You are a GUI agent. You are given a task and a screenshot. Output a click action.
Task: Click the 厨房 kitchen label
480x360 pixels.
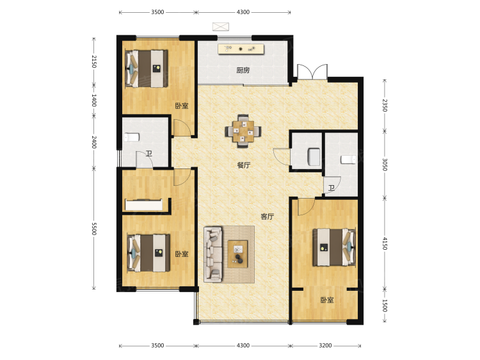tap(243, 70)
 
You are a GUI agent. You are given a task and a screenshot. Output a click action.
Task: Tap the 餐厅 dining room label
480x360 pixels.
tap(244, 165)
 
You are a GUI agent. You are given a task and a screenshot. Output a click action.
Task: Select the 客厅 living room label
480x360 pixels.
tap(268, 217)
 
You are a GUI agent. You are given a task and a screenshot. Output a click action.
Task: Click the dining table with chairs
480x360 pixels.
tap(243, 131)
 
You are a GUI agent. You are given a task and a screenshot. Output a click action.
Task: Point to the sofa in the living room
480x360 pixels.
tap(213, 254)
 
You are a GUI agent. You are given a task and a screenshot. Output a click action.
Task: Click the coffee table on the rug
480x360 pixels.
tap(237, 254)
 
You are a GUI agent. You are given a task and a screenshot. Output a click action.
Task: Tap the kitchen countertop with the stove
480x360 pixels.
tap(241, 49)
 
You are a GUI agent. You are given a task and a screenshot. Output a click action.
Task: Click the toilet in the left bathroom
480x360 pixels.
tap(132, 137)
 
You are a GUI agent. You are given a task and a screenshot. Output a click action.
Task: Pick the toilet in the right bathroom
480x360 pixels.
tap(348, 160)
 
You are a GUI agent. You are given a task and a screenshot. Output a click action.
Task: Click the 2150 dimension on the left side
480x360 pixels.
tap(94, 61)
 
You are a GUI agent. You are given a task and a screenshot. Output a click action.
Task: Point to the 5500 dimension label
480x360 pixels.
tap(94, 229)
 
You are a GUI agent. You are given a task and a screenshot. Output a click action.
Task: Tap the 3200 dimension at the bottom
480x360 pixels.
tap(325, 346)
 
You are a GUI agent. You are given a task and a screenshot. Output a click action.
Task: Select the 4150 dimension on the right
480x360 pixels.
tap(385, 243)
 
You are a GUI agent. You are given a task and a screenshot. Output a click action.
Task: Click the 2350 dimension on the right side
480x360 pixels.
tap(385, 106)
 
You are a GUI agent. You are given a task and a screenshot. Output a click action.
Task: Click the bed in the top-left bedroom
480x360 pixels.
tap(147, 69)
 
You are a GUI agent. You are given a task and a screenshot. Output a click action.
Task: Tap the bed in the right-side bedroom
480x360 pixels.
tap(334, 247)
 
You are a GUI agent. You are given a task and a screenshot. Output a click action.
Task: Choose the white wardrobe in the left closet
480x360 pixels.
tap(144, 205)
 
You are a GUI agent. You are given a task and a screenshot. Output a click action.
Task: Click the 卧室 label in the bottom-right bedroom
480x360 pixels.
tap(327, 300)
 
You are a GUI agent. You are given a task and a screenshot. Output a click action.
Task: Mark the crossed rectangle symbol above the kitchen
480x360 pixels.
tap(221, 27)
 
